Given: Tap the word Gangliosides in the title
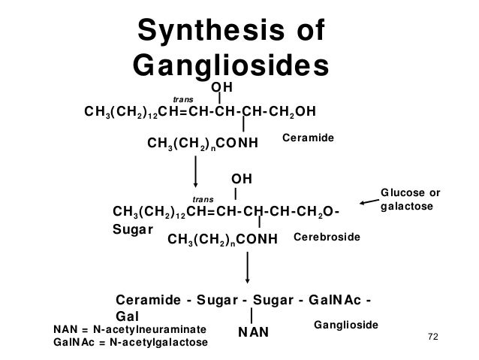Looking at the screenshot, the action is [x=231, y=66].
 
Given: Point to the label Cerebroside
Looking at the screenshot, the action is [x=326, y=237].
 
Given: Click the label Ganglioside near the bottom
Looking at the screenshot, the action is [x=344, y=322].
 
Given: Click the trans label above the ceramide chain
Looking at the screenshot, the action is [x=182, y=99].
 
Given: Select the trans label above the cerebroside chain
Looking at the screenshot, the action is [x=204, y=197].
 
